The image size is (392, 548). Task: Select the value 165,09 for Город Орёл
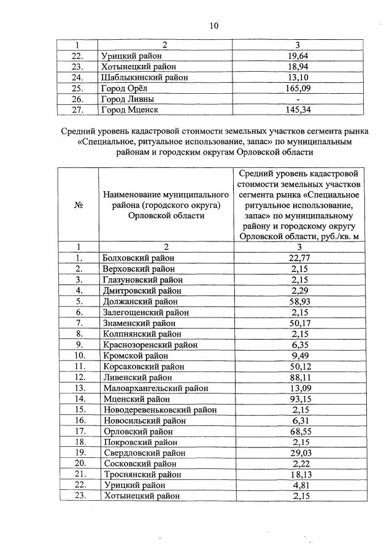(x=298, y=88)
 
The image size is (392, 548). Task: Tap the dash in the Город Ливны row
(x=298, y=99)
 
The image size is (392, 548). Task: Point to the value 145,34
(x=298, y=110)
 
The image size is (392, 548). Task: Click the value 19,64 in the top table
(x=298, y=56)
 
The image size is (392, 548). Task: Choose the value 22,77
(x=298, y=258)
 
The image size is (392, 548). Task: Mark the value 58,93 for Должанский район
(x=298, y=302)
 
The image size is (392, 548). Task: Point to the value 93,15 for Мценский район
(x=298, y=399)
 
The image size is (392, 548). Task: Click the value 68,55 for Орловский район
(x=298, y=432)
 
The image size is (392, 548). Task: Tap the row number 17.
(x=79, y=432)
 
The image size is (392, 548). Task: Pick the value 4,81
(x=298, y=485)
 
